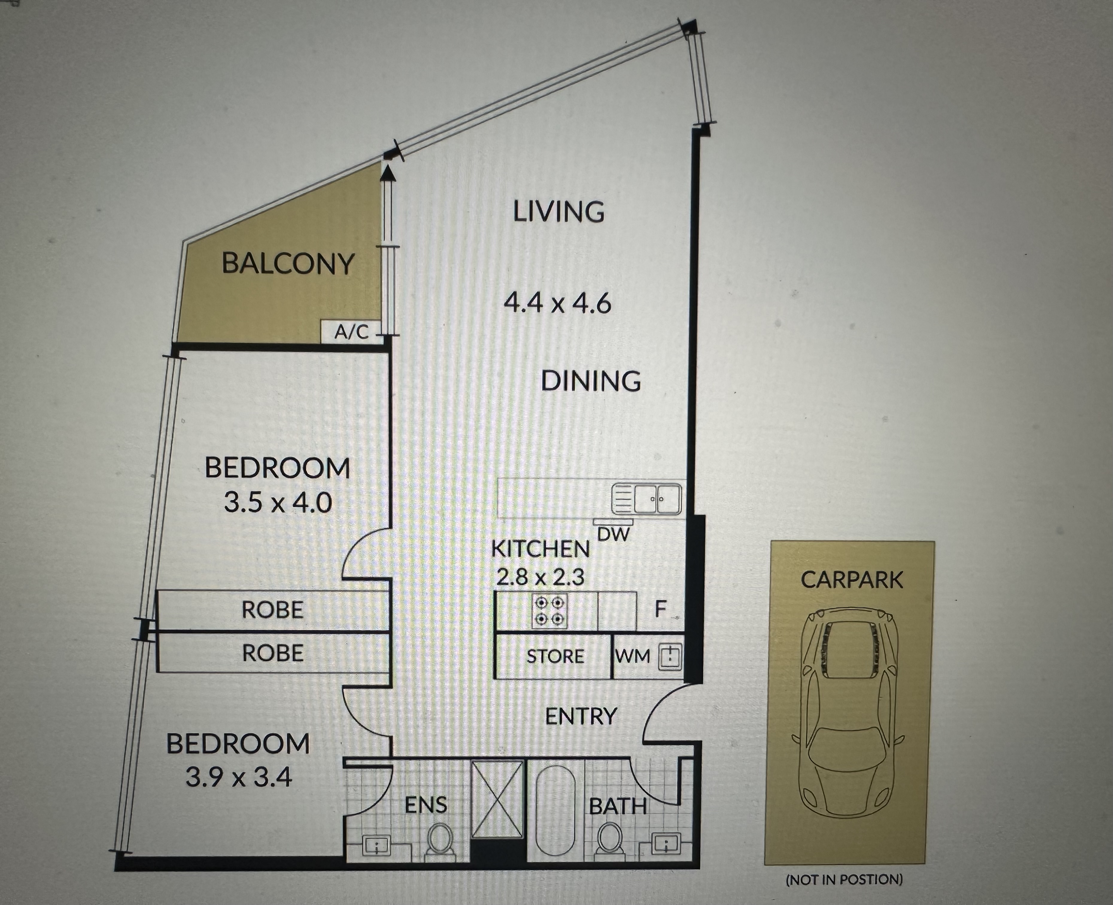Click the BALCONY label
click(288, 264)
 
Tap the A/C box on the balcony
click(351, 332)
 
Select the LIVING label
click(559, 212)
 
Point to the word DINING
click(591, 381)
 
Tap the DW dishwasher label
click(614, 534)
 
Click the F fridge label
click(660, 609)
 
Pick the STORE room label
click(555, 656)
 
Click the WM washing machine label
click(633, 656)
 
